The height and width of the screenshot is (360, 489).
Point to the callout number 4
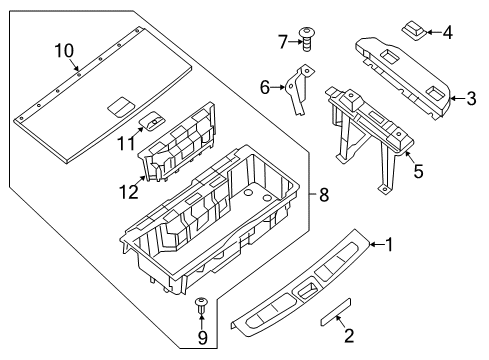[447, 32]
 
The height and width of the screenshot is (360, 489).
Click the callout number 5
[419, 171]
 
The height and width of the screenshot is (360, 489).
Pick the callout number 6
[265, 88]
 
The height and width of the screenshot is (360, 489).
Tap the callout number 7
[283, 41]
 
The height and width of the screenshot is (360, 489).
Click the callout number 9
[201, 338]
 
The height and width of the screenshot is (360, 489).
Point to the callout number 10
[64, 50]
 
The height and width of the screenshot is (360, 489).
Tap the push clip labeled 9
[201, 307]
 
